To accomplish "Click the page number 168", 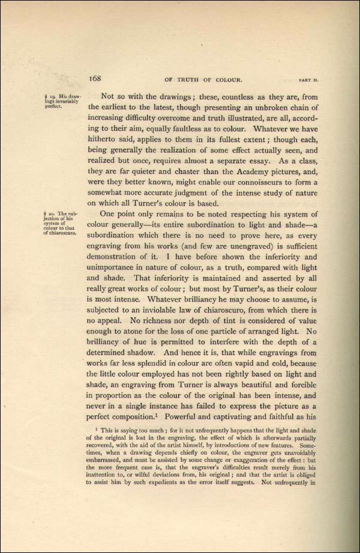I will tap(97, 78).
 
